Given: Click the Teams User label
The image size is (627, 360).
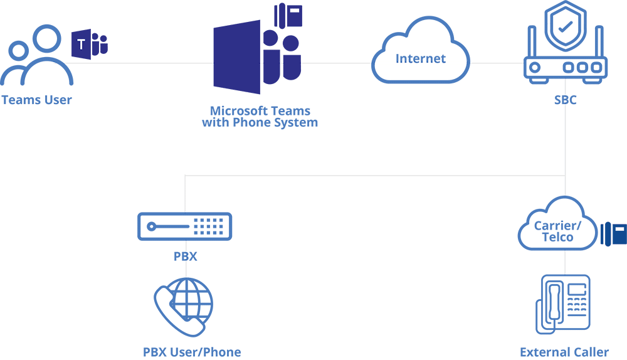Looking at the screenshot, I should (x=36, y=100).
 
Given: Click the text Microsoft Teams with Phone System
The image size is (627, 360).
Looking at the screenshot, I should (x=260, y=117).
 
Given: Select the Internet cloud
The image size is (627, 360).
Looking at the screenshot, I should (x=421, y=53).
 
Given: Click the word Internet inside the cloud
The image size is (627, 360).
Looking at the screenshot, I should (x=421, y=59).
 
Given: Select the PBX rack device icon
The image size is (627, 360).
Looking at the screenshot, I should (x=185, y=226).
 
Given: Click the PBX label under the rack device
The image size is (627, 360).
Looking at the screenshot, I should (x=185, y=257).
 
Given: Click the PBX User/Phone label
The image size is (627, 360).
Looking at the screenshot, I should (x=192, y=352).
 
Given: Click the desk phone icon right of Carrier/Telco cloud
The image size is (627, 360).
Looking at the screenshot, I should (x=614, y=234).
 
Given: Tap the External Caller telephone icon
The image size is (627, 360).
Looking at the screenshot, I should (x=563, y=304).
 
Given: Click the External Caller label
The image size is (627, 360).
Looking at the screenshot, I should (x=564, y=352).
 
